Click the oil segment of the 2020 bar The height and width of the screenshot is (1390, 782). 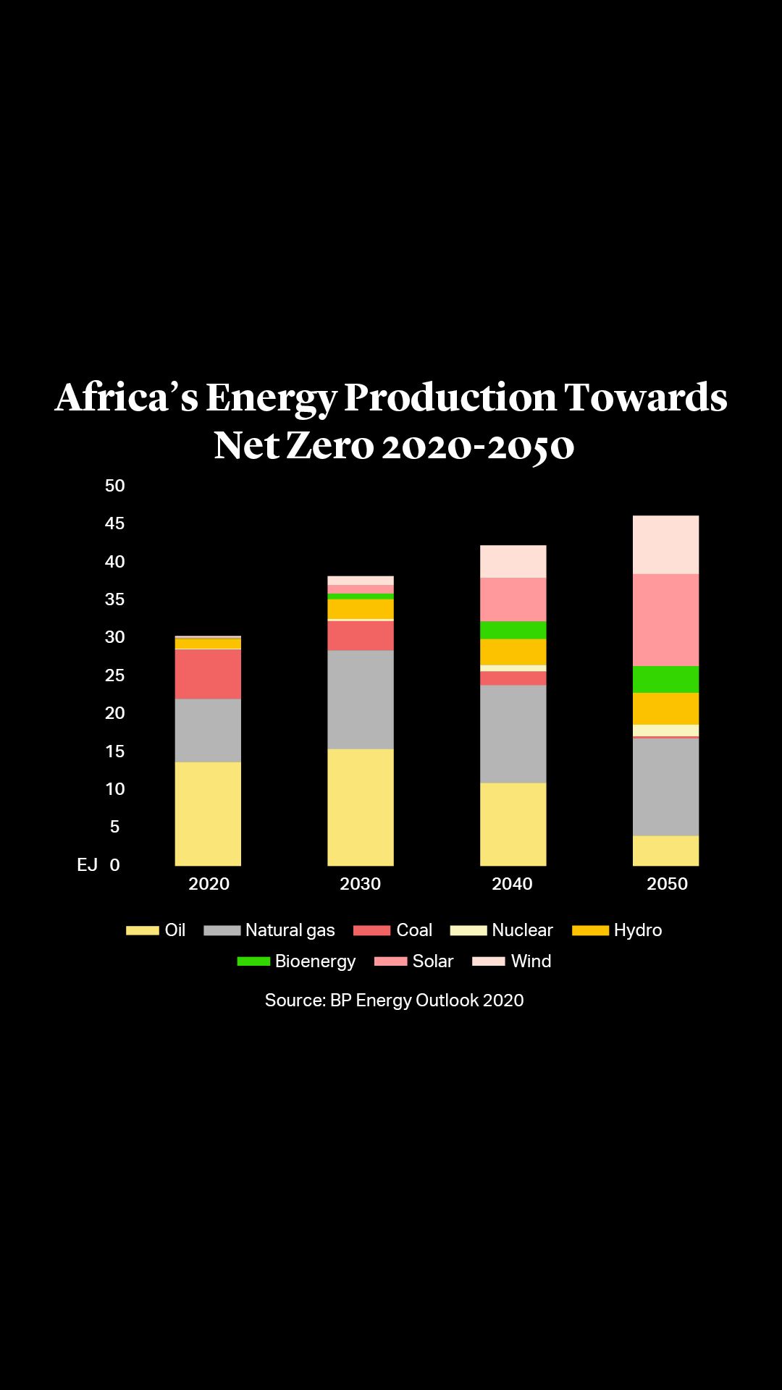tap(208, 813)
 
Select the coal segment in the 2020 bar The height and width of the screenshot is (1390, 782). tap(208, 674)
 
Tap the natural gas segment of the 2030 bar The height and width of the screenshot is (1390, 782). tap(361, 699)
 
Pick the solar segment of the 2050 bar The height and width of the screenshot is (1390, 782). tap(665, 620)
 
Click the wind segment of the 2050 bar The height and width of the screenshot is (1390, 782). tap(665, 544)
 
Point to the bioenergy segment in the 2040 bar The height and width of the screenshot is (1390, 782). tap(513, 630)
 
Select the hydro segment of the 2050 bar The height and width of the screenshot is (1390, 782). tap(665, 709)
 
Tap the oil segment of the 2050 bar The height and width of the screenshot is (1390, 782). tap(665, 851)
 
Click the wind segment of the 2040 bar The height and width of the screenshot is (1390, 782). tap(513, 561)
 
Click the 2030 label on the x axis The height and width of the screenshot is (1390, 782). tap(361, 884)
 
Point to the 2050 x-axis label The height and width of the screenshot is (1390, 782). tap(667, 884)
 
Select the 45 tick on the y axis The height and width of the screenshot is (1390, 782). tap(115, 523)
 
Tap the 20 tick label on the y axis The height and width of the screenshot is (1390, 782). tap(115, 713)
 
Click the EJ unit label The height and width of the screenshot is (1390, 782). tap(88, 865)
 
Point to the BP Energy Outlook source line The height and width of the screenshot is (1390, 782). tap(394, 1001)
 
